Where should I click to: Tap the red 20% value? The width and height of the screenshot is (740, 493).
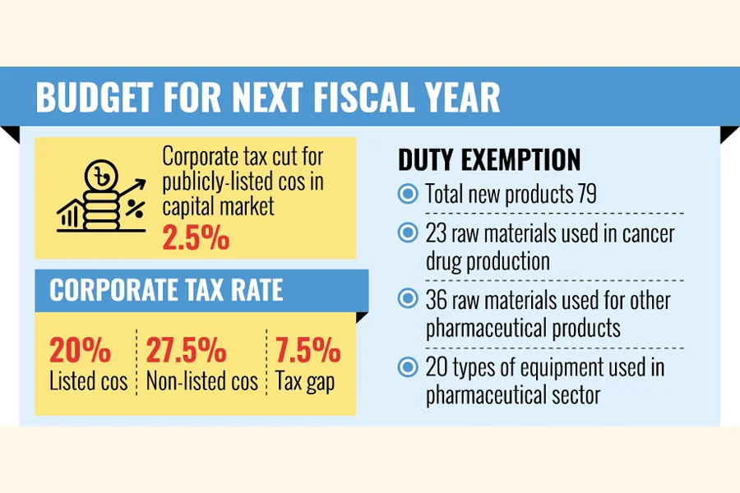(x=80, y=351)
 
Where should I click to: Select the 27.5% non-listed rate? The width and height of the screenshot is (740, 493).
(x=186, y=351)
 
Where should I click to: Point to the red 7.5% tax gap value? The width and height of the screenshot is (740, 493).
(x=308, y=351)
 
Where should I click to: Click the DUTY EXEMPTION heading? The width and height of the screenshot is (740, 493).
(x=489, y=159)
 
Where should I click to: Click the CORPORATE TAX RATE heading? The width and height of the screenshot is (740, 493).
(x=166, y=290)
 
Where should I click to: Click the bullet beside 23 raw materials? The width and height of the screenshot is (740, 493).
(x=408, y=233)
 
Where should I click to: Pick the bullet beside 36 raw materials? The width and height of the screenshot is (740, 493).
(x=408, y=300)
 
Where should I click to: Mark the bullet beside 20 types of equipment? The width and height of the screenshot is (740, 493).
(x=408, y=366)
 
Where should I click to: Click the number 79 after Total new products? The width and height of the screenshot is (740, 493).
(x=585, y=195)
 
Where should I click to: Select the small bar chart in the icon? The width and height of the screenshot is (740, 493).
(x=71, y=216)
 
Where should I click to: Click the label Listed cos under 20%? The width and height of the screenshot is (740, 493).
(x=88, y=381)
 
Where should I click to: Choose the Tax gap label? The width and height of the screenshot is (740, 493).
(x=307, y=381)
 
